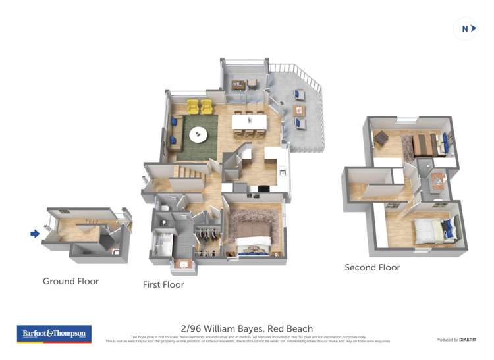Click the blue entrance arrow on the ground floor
35,233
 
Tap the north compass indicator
466,28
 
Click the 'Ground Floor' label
70,281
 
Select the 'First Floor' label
163,285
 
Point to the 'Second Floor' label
372,267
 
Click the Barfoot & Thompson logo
54,334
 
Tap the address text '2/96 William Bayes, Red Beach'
246,328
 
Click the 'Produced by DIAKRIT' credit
456,340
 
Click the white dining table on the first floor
250,122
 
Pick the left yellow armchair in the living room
193,106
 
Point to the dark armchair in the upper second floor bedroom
381,138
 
